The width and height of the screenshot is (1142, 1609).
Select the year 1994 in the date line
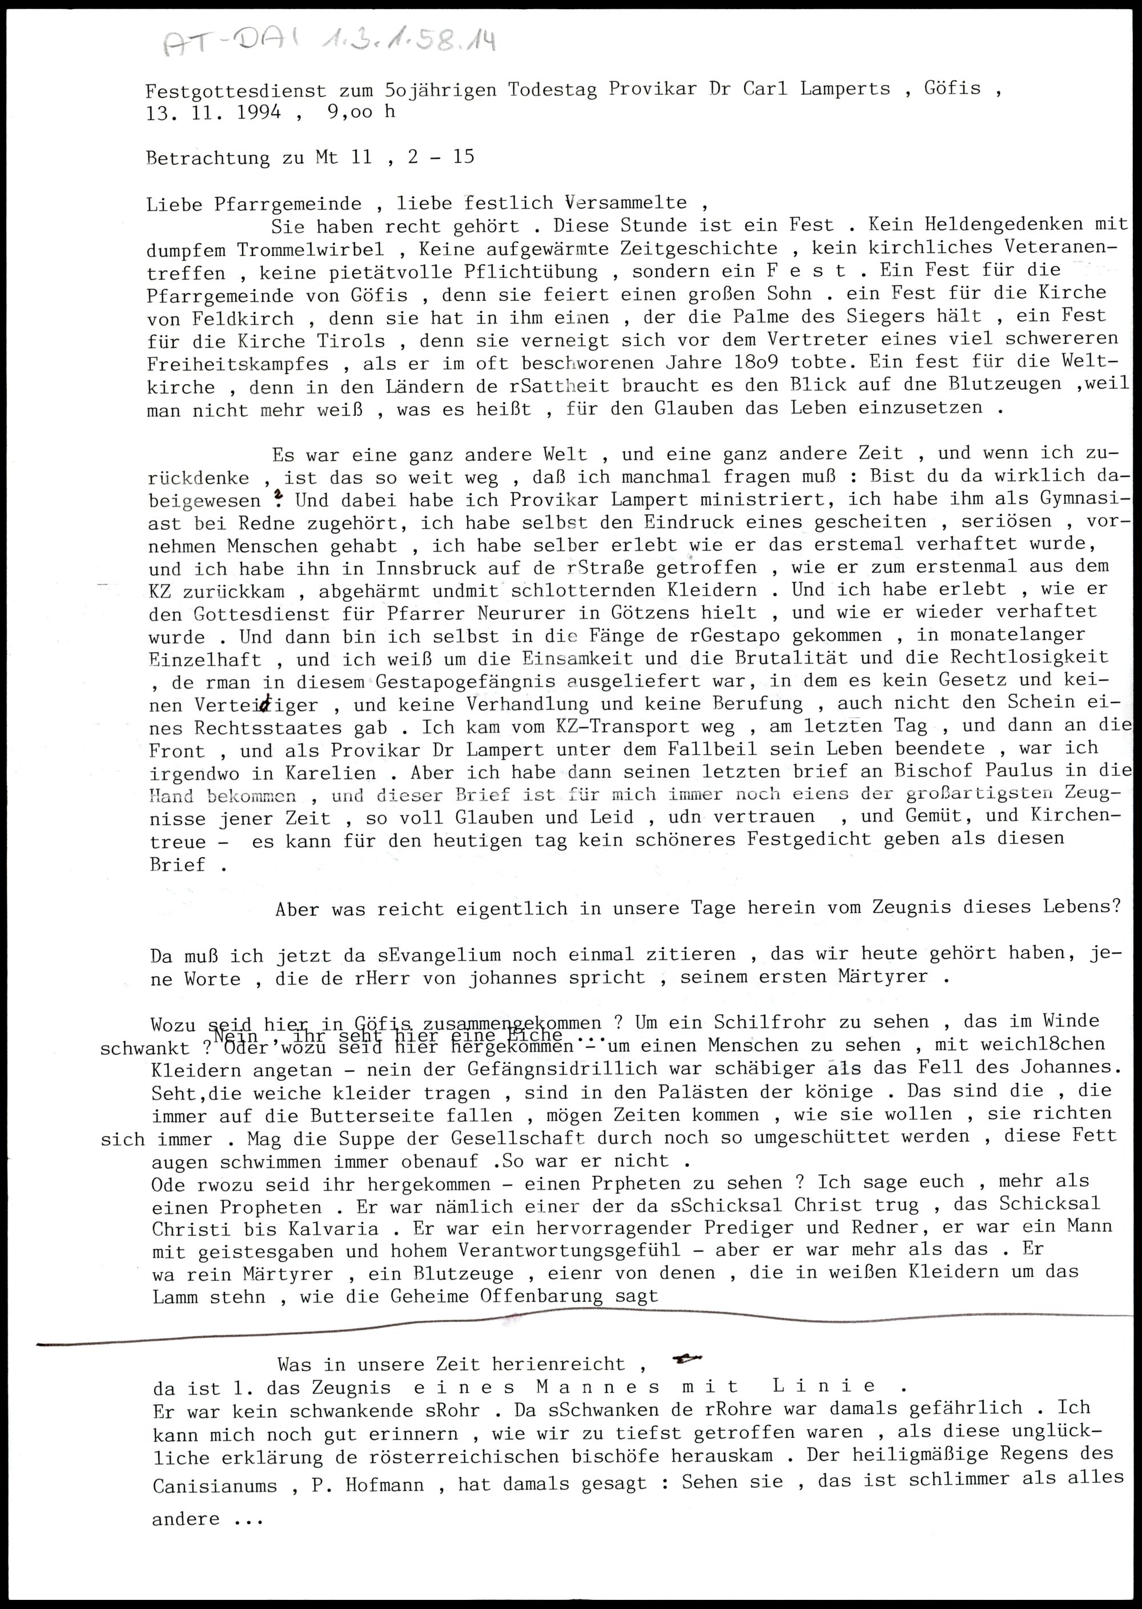258,112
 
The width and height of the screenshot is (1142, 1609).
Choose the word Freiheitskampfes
238,364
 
